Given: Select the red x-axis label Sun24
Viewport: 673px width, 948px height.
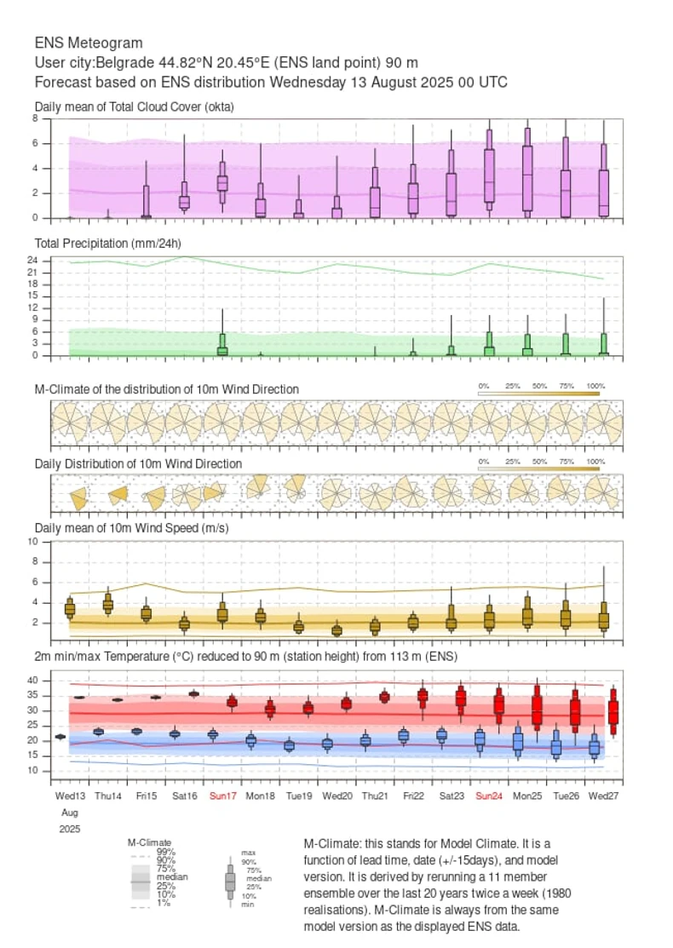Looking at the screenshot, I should tap(489, 796).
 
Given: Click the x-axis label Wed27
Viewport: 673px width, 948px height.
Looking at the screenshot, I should tap(604, 796).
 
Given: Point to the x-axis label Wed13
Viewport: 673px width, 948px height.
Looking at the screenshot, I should tap(71, 796).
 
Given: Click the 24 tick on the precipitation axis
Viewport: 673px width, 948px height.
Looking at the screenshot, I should tap(31, 260).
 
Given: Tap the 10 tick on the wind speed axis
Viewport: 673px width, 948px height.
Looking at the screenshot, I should tap(31, 542).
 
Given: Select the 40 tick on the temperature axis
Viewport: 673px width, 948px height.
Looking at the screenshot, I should tap(31, 681).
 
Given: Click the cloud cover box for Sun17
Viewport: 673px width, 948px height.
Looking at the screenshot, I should tap(222, 183).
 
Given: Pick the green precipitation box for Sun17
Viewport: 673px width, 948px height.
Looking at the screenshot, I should tap(222, 345).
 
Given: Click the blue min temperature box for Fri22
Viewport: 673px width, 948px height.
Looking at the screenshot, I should tap(404, 735).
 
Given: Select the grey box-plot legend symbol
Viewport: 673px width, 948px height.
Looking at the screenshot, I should tap(230, 882).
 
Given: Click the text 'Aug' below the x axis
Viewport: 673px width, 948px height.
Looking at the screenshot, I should tap(65, 812).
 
